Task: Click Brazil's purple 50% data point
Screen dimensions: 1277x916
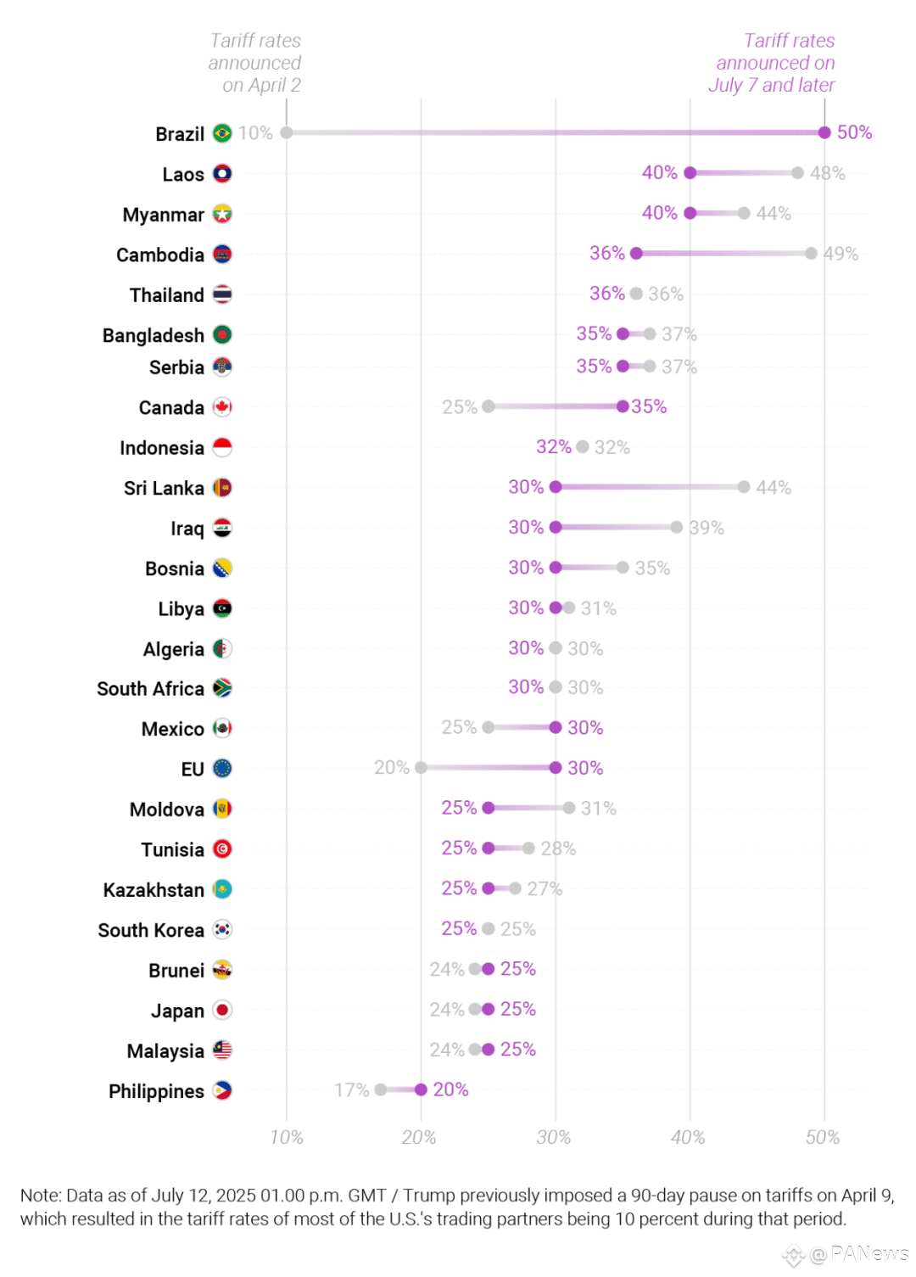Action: [824, 132]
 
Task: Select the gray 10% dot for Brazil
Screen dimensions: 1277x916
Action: [287, 132]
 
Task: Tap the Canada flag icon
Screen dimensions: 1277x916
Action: [222, 407]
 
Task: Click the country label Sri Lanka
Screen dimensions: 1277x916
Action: [164, 488]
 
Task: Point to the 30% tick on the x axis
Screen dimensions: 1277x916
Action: [554, 1137]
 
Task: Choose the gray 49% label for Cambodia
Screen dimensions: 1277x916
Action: [841, 254]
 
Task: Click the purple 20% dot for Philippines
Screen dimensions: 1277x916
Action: [421, 1089]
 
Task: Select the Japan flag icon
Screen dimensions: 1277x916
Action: [222, 1010]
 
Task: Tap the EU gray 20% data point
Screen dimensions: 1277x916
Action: [421, 768]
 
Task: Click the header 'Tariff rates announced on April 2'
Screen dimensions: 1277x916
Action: [255, 63]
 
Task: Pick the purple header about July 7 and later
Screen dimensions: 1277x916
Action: [773, 63]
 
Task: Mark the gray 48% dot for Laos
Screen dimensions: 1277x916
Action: [797, 173]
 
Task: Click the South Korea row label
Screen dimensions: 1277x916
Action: [151, 930]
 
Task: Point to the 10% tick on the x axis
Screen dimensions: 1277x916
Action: [287, 1137]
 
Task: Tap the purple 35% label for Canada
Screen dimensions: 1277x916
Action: [649, 406]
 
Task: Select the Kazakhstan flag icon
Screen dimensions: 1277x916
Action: [222, 889]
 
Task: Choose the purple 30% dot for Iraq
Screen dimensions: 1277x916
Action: [556, 527]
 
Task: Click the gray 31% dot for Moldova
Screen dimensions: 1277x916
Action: [569, 808]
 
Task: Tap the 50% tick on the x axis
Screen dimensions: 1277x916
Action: [823, 1137]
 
